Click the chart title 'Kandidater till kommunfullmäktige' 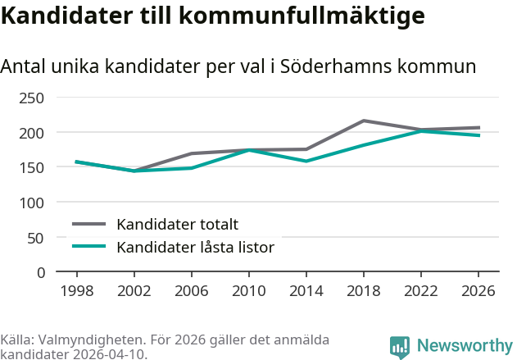pos(212,16)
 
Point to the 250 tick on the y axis pos(32,98)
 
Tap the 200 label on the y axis pos(32,132)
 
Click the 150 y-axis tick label pos(32,167)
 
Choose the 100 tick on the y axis pos(32,202)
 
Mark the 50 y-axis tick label pos(36,237)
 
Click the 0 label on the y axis pos(40,271)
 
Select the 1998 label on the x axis pos(76,290)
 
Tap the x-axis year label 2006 pos(191,290)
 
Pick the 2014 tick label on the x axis pos(306,290)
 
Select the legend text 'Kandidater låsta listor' pos(195,247)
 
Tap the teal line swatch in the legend pos(89,247)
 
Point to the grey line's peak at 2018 pos(364,121)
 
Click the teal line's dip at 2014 pos(306,161)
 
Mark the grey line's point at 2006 pos(191,153)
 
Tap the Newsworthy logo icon pos(400,347)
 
